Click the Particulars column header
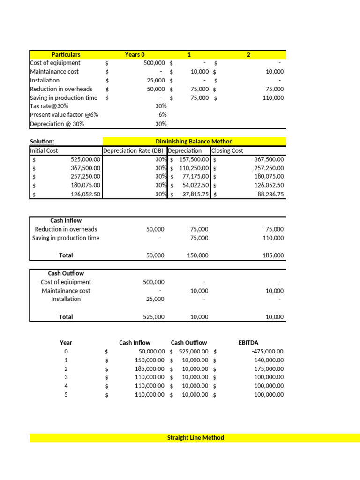pyautogui.click(x=66, y=54)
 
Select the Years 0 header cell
pyautogui.click(x=135, y=54)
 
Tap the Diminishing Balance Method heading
pyautogui.click(x=194, y=141)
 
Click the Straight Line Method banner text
pyautogui.click(x=195, y=437)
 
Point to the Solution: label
pyautogui.click(x=42, y=141)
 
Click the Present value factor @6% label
pyautogui.click(x=64, y=115)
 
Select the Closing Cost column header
pyautogui.click(x=227, y=150)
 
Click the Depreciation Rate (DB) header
pyautogui.click(x=134, y=150)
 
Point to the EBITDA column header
pyautogui.click(x=248, y=342)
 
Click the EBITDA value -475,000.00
pyautogui.click(x=268, y=351)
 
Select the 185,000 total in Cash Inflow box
pyautogui.click(x=274, y=255)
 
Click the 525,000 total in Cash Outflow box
pyautogui.click(x=153, y=317)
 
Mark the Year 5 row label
pyautogui.click(x=66, y=395)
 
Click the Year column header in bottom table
pyautogui.click(x=66, y=342)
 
